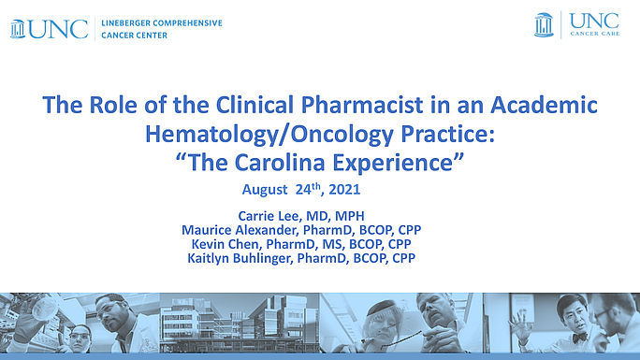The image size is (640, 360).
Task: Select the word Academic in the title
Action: (x=546, y=105)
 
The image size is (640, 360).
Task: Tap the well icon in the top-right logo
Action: (x=544, y=24)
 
